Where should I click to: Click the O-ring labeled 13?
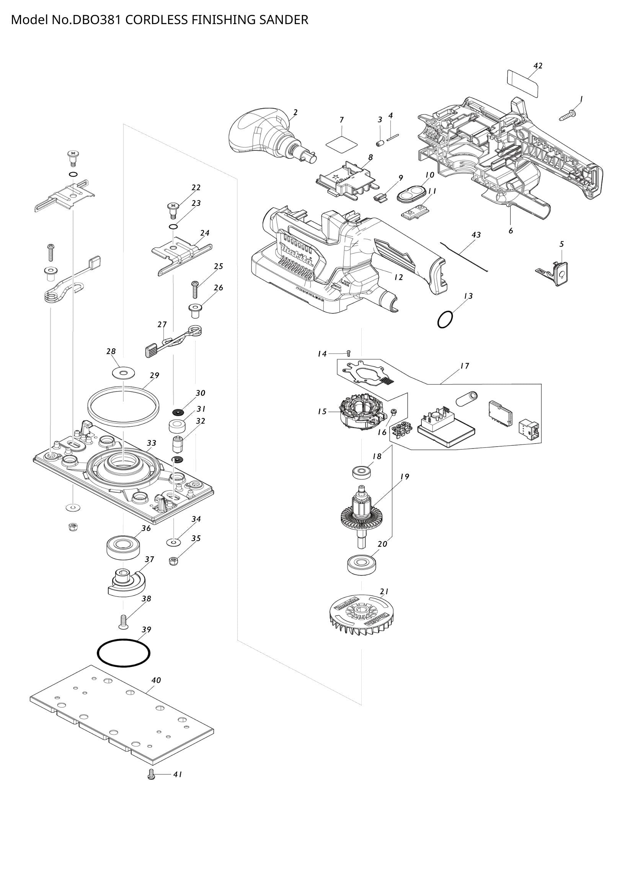click(x=445, y=320)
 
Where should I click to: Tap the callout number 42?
click(x=537, y=66)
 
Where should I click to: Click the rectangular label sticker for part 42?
click(x=523, y=83)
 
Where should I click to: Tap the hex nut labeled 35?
click(x=174, y=561)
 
